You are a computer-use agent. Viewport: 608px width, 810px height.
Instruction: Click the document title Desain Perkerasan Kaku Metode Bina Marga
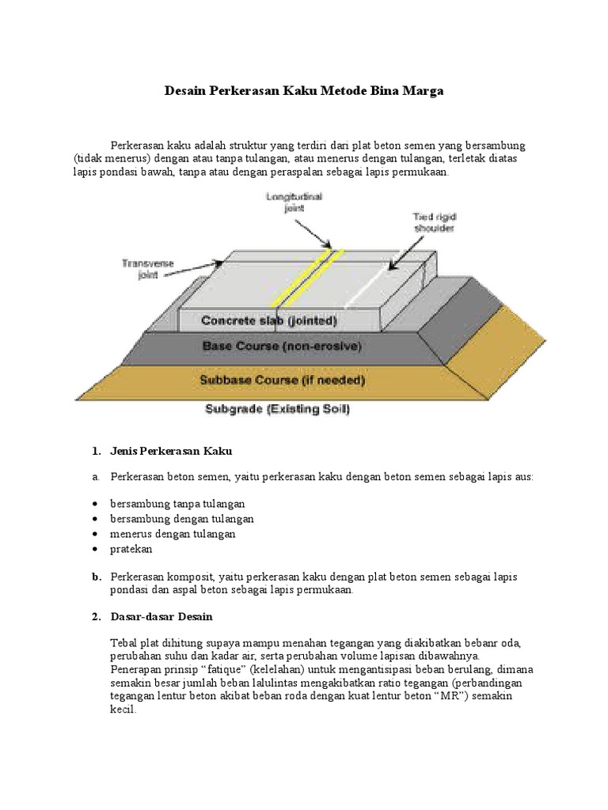(x=304, y=91)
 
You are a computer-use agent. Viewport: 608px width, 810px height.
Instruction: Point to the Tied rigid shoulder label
(x=434, y=222)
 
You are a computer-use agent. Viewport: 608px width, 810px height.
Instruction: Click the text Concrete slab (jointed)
(x=269, y=321)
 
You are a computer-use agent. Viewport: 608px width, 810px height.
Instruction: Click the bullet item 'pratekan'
(x=131, y=548)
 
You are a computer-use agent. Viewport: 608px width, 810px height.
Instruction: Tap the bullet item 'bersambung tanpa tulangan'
(x=178, y=503)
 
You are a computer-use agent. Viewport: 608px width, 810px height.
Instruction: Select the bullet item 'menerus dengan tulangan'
(x=173, y=533)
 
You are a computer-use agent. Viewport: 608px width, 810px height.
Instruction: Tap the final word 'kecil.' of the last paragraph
(x=123, y=710)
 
